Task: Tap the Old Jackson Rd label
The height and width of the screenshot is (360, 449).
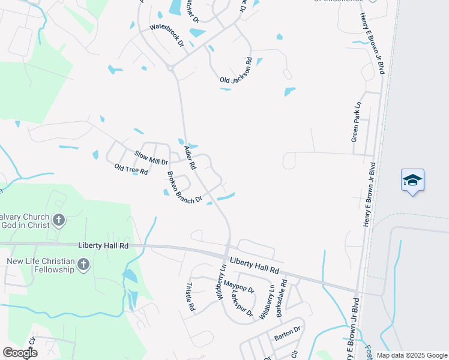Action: coord(236,70)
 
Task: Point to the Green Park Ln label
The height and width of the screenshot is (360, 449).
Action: coord(357,121)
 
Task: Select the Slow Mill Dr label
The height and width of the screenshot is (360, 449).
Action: coord(151,158)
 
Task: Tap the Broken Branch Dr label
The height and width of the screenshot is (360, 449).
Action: coord(184,187)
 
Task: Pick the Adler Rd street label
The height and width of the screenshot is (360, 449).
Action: coord(191,157)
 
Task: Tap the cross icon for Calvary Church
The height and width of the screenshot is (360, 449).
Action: coord(58,220)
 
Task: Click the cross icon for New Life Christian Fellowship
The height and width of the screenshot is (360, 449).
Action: coord(83,264)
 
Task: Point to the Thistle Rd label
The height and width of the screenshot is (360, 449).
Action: coord(191,296)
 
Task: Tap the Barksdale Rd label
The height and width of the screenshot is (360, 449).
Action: coord(280,298)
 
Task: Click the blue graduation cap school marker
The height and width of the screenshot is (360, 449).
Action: coord(412,180)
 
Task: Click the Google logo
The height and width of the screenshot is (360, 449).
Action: coord(20,353)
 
